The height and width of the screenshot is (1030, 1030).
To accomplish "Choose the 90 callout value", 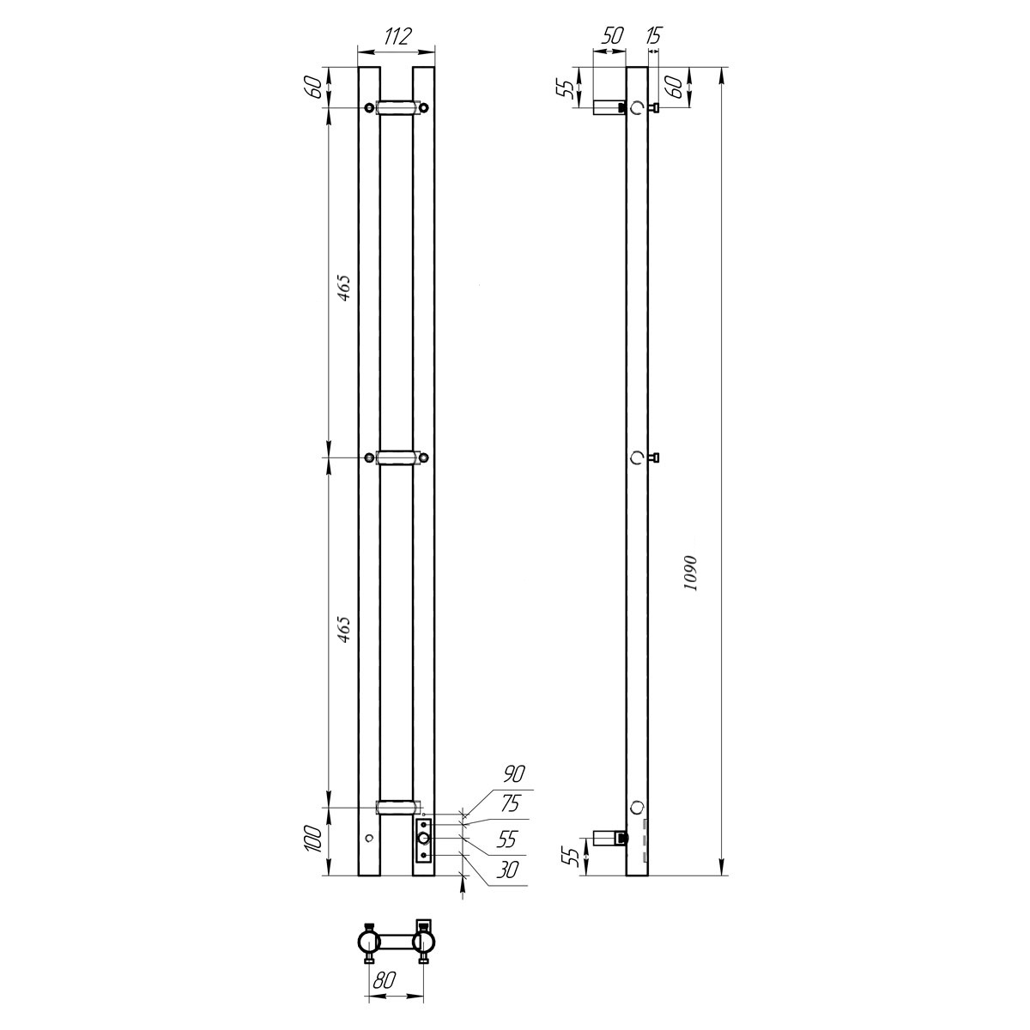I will point(514,774).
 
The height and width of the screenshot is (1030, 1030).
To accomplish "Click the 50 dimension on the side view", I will point(612,35).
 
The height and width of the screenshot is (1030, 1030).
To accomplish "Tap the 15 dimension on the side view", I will point(655,35).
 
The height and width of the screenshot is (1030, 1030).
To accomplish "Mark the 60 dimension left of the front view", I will point(314,87).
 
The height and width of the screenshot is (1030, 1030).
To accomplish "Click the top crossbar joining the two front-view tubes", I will point(396,107).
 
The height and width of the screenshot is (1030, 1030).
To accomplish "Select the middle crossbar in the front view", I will point(396,457).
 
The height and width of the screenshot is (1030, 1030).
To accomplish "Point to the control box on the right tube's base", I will point(423,839).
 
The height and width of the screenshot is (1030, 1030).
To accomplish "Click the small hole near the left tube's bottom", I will point(369,838).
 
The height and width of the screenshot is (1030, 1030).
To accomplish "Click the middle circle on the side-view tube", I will point(636,457).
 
